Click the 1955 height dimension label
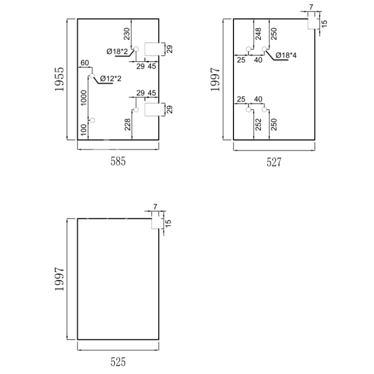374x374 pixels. tap(59, 79)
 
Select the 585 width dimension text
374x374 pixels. tap(118, 161)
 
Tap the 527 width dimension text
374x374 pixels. tap(274, 162)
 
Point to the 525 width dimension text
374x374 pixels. tap(118, 362)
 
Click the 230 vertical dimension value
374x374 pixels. tap(127, 34)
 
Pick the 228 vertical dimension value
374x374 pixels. tap(128, 124)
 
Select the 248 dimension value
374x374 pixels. tap(258, 34)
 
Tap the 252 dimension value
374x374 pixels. tap(258, 124)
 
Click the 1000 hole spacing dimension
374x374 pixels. tap(84, 98)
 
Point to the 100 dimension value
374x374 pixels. tap(84, 130)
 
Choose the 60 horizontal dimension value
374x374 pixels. tap(84, 63)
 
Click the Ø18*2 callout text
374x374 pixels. tap(117, 51)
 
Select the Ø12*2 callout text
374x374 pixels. tap(111, 79)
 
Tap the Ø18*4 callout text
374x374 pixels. tap(286, 56)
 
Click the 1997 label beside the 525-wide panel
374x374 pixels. tap(59, 279)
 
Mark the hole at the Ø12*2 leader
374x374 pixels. tap(92, 76)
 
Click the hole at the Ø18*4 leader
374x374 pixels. tap(264, 49)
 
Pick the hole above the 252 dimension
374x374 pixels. tap(248, 110)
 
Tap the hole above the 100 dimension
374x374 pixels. tap(92, 120)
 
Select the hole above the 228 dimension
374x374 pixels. tap(136, 110)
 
